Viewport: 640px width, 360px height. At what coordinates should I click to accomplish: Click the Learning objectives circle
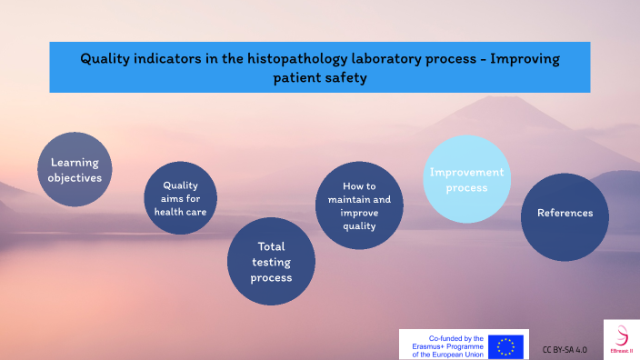point(75,170)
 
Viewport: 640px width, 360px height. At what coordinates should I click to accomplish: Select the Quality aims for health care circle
point(180,198)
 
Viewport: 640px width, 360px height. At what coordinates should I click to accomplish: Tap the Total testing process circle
point(271,261)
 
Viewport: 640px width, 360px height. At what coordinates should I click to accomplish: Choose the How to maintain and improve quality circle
point(359,205)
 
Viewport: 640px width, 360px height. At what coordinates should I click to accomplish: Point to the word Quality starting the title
point(105,58)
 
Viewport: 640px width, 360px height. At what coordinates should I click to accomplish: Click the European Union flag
point(505,346)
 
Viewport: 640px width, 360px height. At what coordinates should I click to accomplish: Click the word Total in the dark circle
point(271,245)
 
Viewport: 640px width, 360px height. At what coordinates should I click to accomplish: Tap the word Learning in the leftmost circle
point(75,162)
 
